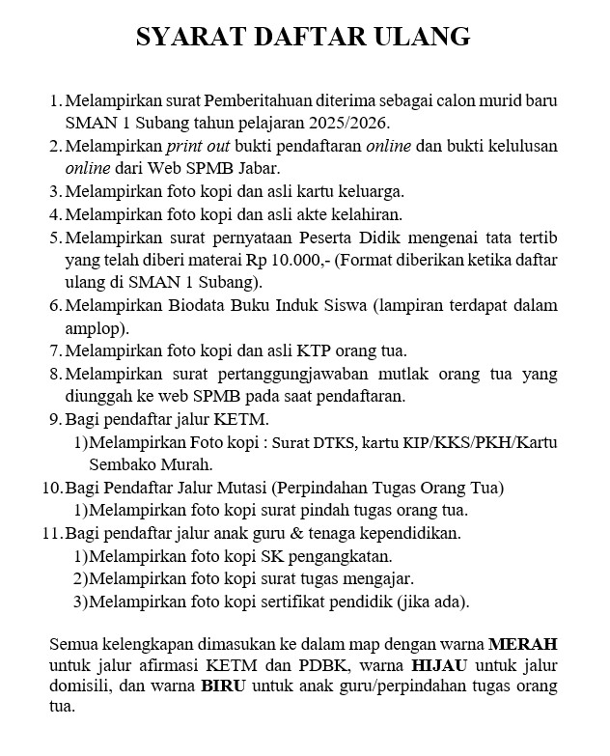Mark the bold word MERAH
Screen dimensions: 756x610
click(x=522, y=643)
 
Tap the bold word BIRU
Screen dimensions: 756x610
click(x=224, y=687)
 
